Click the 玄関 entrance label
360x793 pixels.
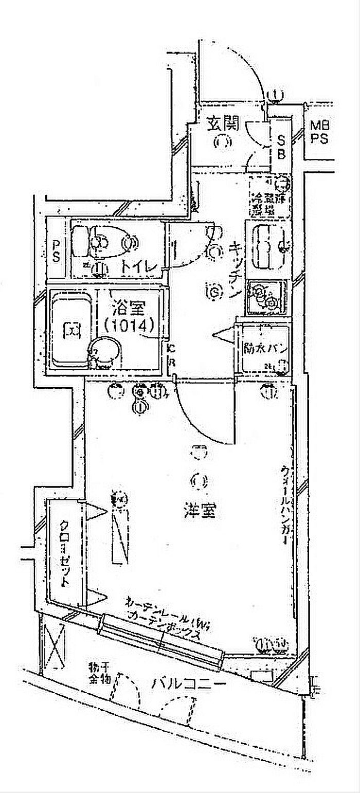pyautogui.click(x=223, y=123)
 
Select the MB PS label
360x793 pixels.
pyautogui.click(x=319, y=132)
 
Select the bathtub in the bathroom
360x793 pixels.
pyautogui.click(x=71, y=330)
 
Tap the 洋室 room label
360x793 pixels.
pyautogui.click(x=199, y=511)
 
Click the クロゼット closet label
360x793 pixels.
pyautogui.click(x=65, y=553)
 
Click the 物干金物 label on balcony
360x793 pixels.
pyautogui.click(x=99, y=673)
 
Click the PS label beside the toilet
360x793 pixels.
pyautogui.click(x=57, y=249)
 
